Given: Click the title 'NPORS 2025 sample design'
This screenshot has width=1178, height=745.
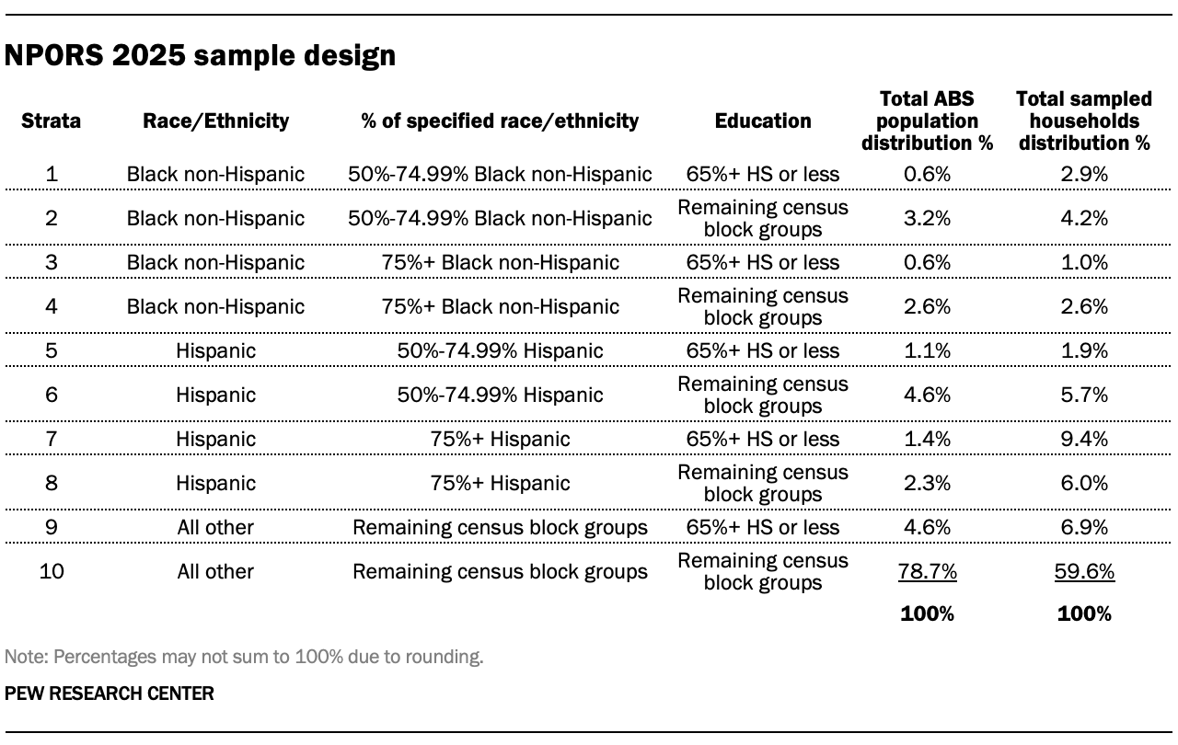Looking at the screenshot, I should (x=200, y=56).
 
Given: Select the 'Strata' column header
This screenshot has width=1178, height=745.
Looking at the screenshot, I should (x=51, y=120).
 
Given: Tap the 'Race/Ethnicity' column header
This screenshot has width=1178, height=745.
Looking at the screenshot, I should (x=215, y=120).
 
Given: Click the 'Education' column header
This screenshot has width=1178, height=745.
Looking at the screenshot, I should (x=763, y=120).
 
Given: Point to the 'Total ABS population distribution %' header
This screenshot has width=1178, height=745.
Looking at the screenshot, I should (x=927, y=120).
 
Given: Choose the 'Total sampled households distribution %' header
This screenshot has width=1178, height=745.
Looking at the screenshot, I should (x=1084, y=120).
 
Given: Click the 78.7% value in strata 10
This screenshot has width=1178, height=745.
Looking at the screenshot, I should (x=927, y=571).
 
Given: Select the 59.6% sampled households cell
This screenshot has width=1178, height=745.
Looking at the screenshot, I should (x=1084, y=571).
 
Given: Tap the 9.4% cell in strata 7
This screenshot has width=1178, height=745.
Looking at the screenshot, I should (x=1084, y=439).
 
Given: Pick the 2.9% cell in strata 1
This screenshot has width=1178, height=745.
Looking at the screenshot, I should (x=1084, y=174).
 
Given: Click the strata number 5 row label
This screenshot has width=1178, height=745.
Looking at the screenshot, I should (x=51, y=350).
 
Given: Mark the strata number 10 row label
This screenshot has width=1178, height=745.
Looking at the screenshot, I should (x=51, y=571).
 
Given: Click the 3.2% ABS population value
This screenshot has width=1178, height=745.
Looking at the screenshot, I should (x=927, y=218).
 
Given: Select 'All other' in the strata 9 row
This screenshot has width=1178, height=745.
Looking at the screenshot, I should (x=215, y=527).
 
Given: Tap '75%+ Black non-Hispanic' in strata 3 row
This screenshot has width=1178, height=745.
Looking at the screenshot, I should (x=500, y=262).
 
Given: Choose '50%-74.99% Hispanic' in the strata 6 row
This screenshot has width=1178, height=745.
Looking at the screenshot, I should (x=500, y=395).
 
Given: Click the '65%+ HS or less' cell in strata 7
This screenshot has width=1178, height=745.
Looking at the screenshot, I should (x=763, y=439).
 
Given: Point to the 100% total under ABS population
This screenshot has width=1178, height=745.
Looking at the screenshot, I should (x=927, y=613).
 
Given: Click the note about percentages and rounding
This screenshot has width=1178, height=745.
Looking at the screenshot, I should (x=244, y=657).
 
